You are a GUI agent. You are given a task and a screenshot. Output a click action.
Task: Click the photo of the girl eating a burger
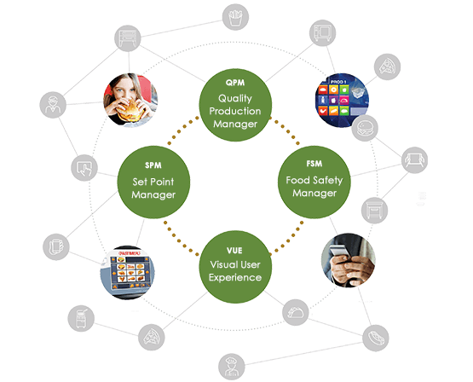pyautogui.click(x=130, y=96)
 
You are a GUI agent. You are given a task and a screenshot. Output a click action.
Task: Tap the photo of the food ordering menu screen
pyautogui.click(x=129, y=271)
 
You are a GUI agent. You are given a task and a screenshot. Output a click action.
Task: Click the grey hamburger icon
pyautogui.click(x=366, y=129)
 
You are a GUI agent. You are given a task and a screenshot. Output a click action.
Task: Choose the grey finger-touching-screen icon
pyautogui.click(x=84, y=167)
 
